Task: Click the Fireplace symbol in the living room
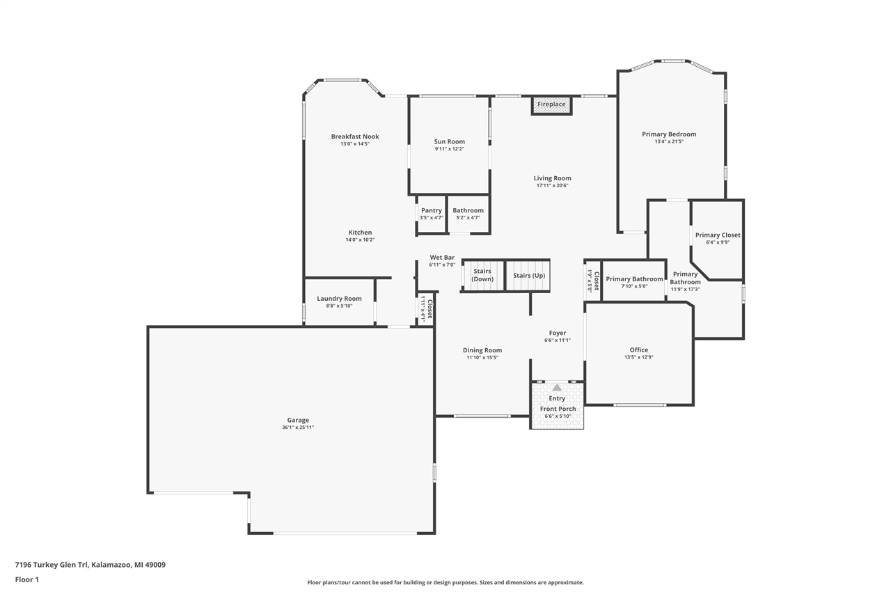551,104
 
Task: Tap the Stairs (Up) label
529,275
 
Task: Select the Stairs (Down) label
482,275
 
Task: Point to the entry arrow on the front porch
557,387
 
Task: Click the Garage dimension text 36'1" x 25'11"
298,428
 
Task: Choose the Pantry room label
432,210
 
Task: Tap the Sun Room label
449,141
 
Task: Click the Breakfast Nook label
355,136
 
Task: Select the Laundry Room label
339,299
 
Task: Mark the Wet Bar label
442,258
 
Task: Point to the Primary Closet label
718,235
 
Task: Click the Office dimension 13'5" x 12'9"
638,357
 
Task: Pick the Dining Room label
482,350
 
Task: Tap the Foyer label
557,333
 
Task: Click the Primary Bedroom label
669,134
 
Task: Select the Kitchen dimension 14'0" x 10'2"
360,240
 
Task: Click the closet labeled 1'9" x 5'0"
592,280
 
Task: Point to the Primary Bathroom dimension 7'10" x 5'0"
634,286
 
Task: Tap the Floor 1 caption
27,579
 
